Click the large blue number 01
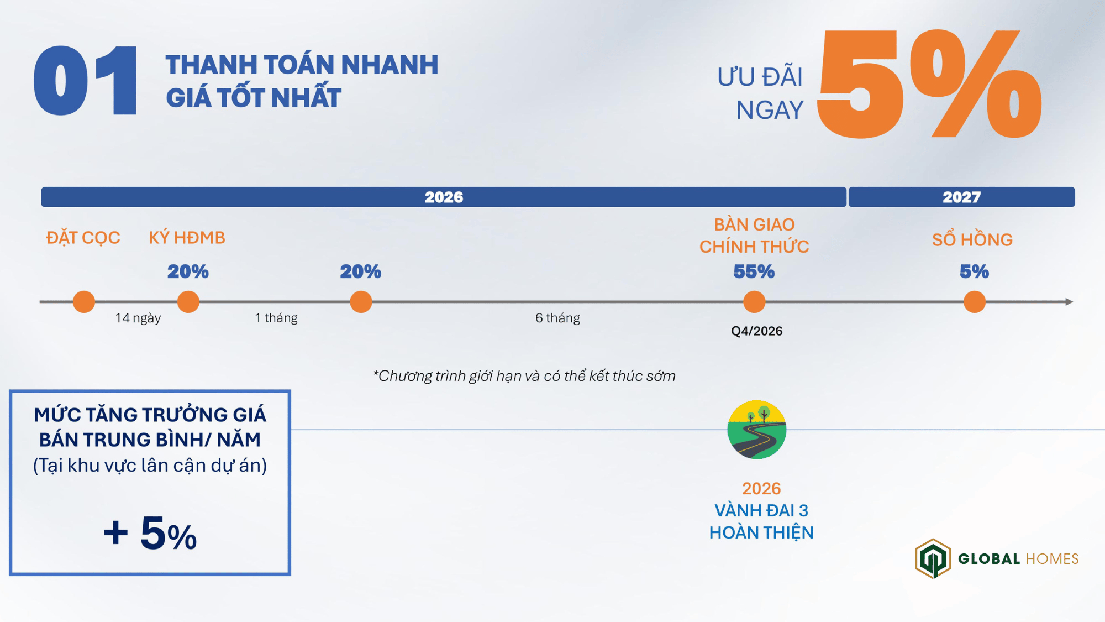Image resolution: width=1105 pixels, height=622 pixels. [x=86, y=81]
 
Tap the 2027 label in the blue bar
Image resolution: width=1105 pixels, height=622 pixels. [x=961, y=197]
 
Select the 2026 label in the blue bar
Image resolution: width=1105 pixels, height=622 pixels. [x=444, y=197]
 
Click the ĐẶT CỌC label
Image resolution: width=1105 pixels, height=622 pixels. [x=83, y=238]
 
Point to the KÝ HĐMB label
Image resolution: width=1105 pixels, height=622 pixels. [x=187, y=238]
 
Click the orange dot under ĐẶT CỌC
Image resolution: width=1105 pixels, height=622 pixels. [x=84, y=302]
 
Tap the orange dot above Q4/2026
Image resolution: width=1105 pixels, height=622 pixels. [x=754, y=302]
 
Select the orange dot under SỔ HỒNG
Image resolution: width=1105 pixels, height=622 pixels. [x=974, y=302]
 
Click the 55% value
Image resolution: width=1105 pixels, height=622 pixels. [x=754, y=271]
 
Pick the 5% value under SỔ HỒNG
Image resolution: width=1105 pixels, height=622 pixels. [x=974, y=271]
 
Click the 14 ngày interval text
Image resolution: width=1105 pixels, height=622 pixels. [x=138, y=318]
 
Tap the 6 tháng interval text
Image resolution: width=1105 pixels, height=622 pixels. [x=557, y=318]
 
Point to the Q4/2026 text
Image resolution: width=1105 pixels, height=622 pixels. [x=757, y=331]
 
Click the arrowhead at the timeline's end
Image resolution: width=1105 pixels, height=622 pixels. [x=1069, y=302]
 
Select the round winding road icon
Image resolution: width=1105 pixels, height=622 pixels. [x=757, y=430]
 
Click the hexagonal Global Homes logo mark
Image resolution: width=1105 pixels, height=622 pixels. [x=933, y=559]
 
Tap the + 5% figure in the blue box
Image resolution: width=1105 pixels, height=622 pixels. [x=150, y=533]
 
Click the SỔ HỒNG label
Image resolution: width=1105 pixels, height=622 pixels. [x=972, y=239]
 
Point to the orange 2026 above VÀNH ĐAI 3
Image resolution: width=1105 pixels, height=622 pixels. [x=761, y=489]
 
